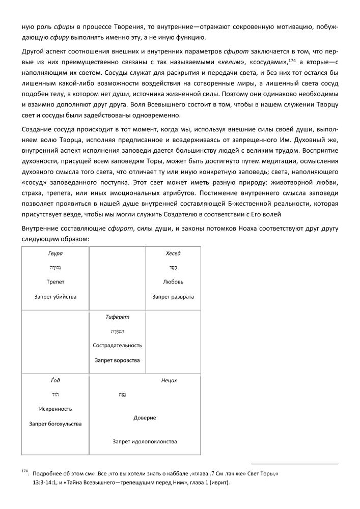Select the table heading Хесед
tap(173, 253)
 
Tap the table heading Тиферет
tap(117, 317)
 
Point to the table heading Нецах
tap(169, 380)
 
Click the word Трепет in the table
tap(56, 281)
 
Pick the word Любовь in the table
tap(173, 281)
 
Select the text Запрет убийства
tap(56, 296)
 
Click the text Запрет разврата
tap(173, 296)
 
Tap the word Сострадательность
tap(117, 345)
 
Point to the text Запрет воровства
tap(117, 360)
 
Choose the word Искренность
tap(56, 409)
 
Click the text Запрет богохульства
tap(56, 423)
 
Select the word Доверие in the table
tap(145, 418)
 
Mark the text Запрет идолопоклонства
tap(145, 441)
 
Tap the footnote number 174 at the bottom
tap(25, 471)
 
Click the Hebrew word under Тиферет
tap(117, 331)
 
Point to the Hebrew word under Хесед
tap(173, 267)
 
